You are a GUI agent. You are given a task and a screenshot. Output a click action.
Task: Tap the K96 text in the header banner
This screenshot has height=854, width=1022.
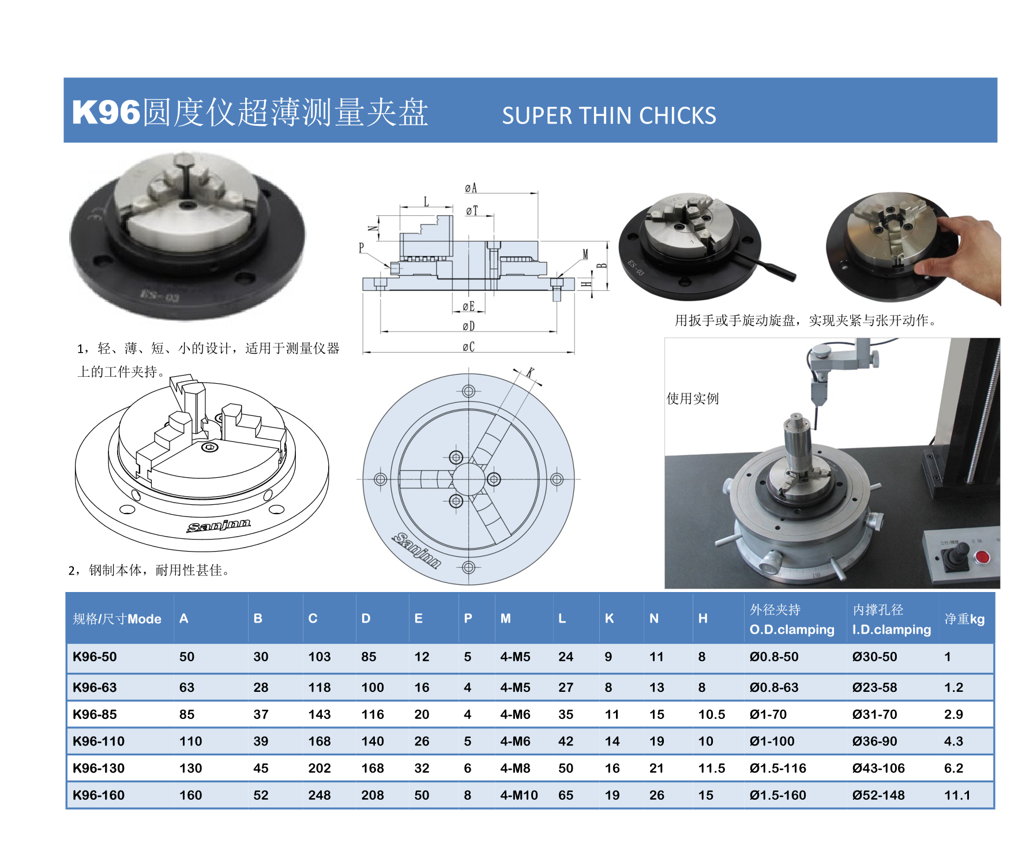106,112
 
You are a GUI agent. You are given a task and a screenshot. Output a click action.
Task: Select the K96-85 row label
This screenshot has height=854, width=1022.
95,714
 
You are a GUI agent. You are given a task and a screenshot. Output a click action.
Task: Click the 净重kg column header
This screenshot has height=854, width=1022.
964,619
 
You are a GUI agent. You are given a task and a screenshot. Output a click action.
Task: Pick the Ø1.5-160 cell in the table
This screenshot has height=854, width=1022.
778,795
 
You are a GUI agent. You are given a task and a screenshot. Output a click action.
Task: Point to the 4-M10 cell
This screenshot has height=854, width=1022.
519,795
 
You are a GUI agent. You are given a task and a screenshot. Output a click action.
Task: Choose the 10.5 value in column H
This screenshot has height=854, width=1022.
712,714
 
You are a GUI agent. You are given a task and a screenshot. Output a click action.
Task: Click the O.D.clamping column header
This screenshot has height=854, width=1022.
792,630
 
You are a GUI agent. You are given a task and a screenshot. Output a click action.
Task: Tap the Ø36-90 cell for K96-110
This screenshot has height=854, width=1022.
875,741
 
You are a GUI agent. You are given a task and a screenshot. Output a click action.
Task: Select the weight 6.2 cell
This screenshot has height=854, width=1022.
954,768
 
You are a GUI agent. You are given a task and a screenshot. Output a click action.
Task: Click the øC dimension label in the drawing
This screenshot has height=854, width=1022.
468,347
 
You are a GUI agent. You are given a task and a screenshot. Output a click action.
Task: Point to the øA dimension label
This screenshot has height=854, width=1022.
471,188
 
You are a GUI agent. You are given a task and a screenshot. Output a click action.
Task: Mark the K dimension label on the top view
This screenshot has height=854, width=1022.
530,372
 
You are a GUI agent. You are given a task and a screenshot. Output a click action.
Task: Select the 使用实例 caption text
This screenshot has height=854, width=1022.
693,399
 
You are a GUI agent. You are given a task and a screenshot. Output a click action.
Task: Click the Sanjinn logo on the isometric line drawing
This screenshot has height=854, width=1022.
219,525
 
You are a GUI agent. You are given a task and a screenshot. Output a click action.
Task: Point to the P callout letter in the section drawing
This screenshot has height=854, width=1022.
362,248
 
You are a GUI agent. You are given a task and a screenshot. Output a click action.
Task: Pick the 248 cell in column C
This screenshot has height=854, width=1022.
320,795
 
